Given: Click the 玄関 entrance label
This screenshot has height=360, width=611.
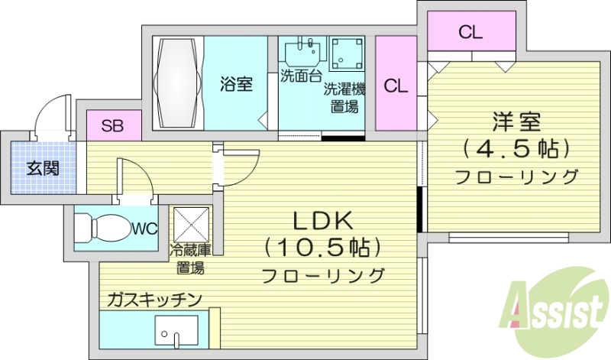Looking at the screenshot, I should (42, 168).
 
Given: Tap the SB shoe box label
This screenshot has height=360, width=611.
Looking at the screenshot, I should (113, 126).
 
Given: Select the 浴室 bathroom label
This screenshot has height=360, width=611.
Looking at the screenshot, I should (237, 84).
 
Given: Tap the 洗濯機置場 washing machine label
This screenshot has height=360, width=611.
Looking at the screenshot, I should (344, 97).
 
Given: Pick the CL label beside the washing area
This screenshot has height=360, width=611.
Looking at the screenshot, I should (396, 86).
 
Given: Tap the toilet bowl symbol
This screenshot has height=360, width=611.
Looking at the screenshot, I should (104, 227).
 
